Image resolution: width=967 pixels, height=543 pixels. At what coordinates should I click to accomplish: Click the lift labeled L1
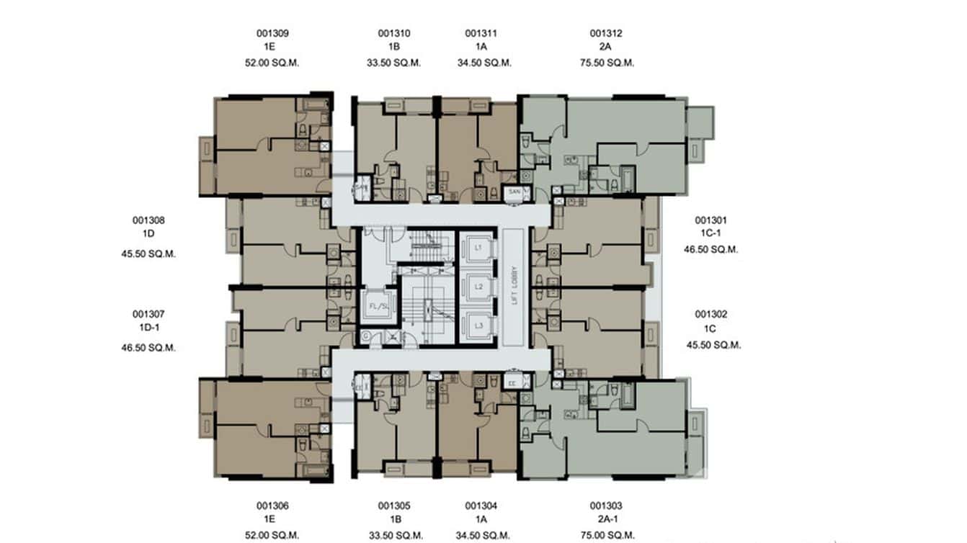point(478,248)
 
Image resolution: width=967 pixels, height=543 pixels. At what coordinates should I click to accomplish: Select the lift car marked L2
point(478,287)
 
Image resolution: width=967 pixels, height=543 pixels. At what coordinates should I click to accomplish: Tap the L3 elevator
point(478,326)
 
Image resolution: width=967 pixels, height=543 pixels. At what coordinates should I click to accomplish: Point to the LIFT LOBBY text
point(514,287)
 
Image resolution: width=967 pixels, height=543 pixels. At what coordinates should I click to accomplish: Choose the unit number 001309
point(272,33)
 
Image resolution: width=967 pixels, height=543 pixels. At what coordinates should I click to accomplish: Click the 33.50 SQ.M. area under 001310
point(393,63)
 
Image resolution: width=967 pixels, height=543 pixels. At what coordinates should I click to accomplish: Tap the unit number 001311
point(481,33)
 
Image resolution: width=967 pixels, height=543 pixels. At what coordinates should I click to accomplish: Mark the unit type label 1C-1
point(711,234)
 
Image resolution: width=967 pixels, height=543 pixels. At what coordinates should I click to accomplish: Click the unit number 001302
point(710,314)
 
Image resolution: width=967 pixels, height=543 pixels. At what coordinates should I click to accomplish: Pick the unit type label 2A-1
point(605,521)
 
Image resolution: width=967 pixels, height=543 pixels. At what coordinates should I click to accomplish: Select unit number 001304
point(481,506)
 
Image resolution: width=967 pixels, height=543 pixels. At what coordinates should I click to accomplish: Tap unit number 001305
point(393,506)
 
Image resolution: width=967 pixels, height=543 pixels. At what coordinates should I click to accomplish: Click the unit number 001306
point(272,506)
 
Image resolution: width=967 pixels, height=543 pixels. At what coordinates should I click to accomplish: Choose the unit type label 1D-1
point(148,328)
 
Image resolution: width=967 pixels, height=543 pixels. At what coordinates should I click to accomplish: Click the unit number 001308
point(148,220)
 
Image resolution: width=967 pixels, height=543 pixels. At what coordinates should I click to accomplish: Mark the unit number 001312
point(606,33)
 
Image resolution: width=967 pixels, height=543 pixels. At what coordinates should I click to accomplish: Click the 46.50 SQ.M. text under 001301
point(711,249)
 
